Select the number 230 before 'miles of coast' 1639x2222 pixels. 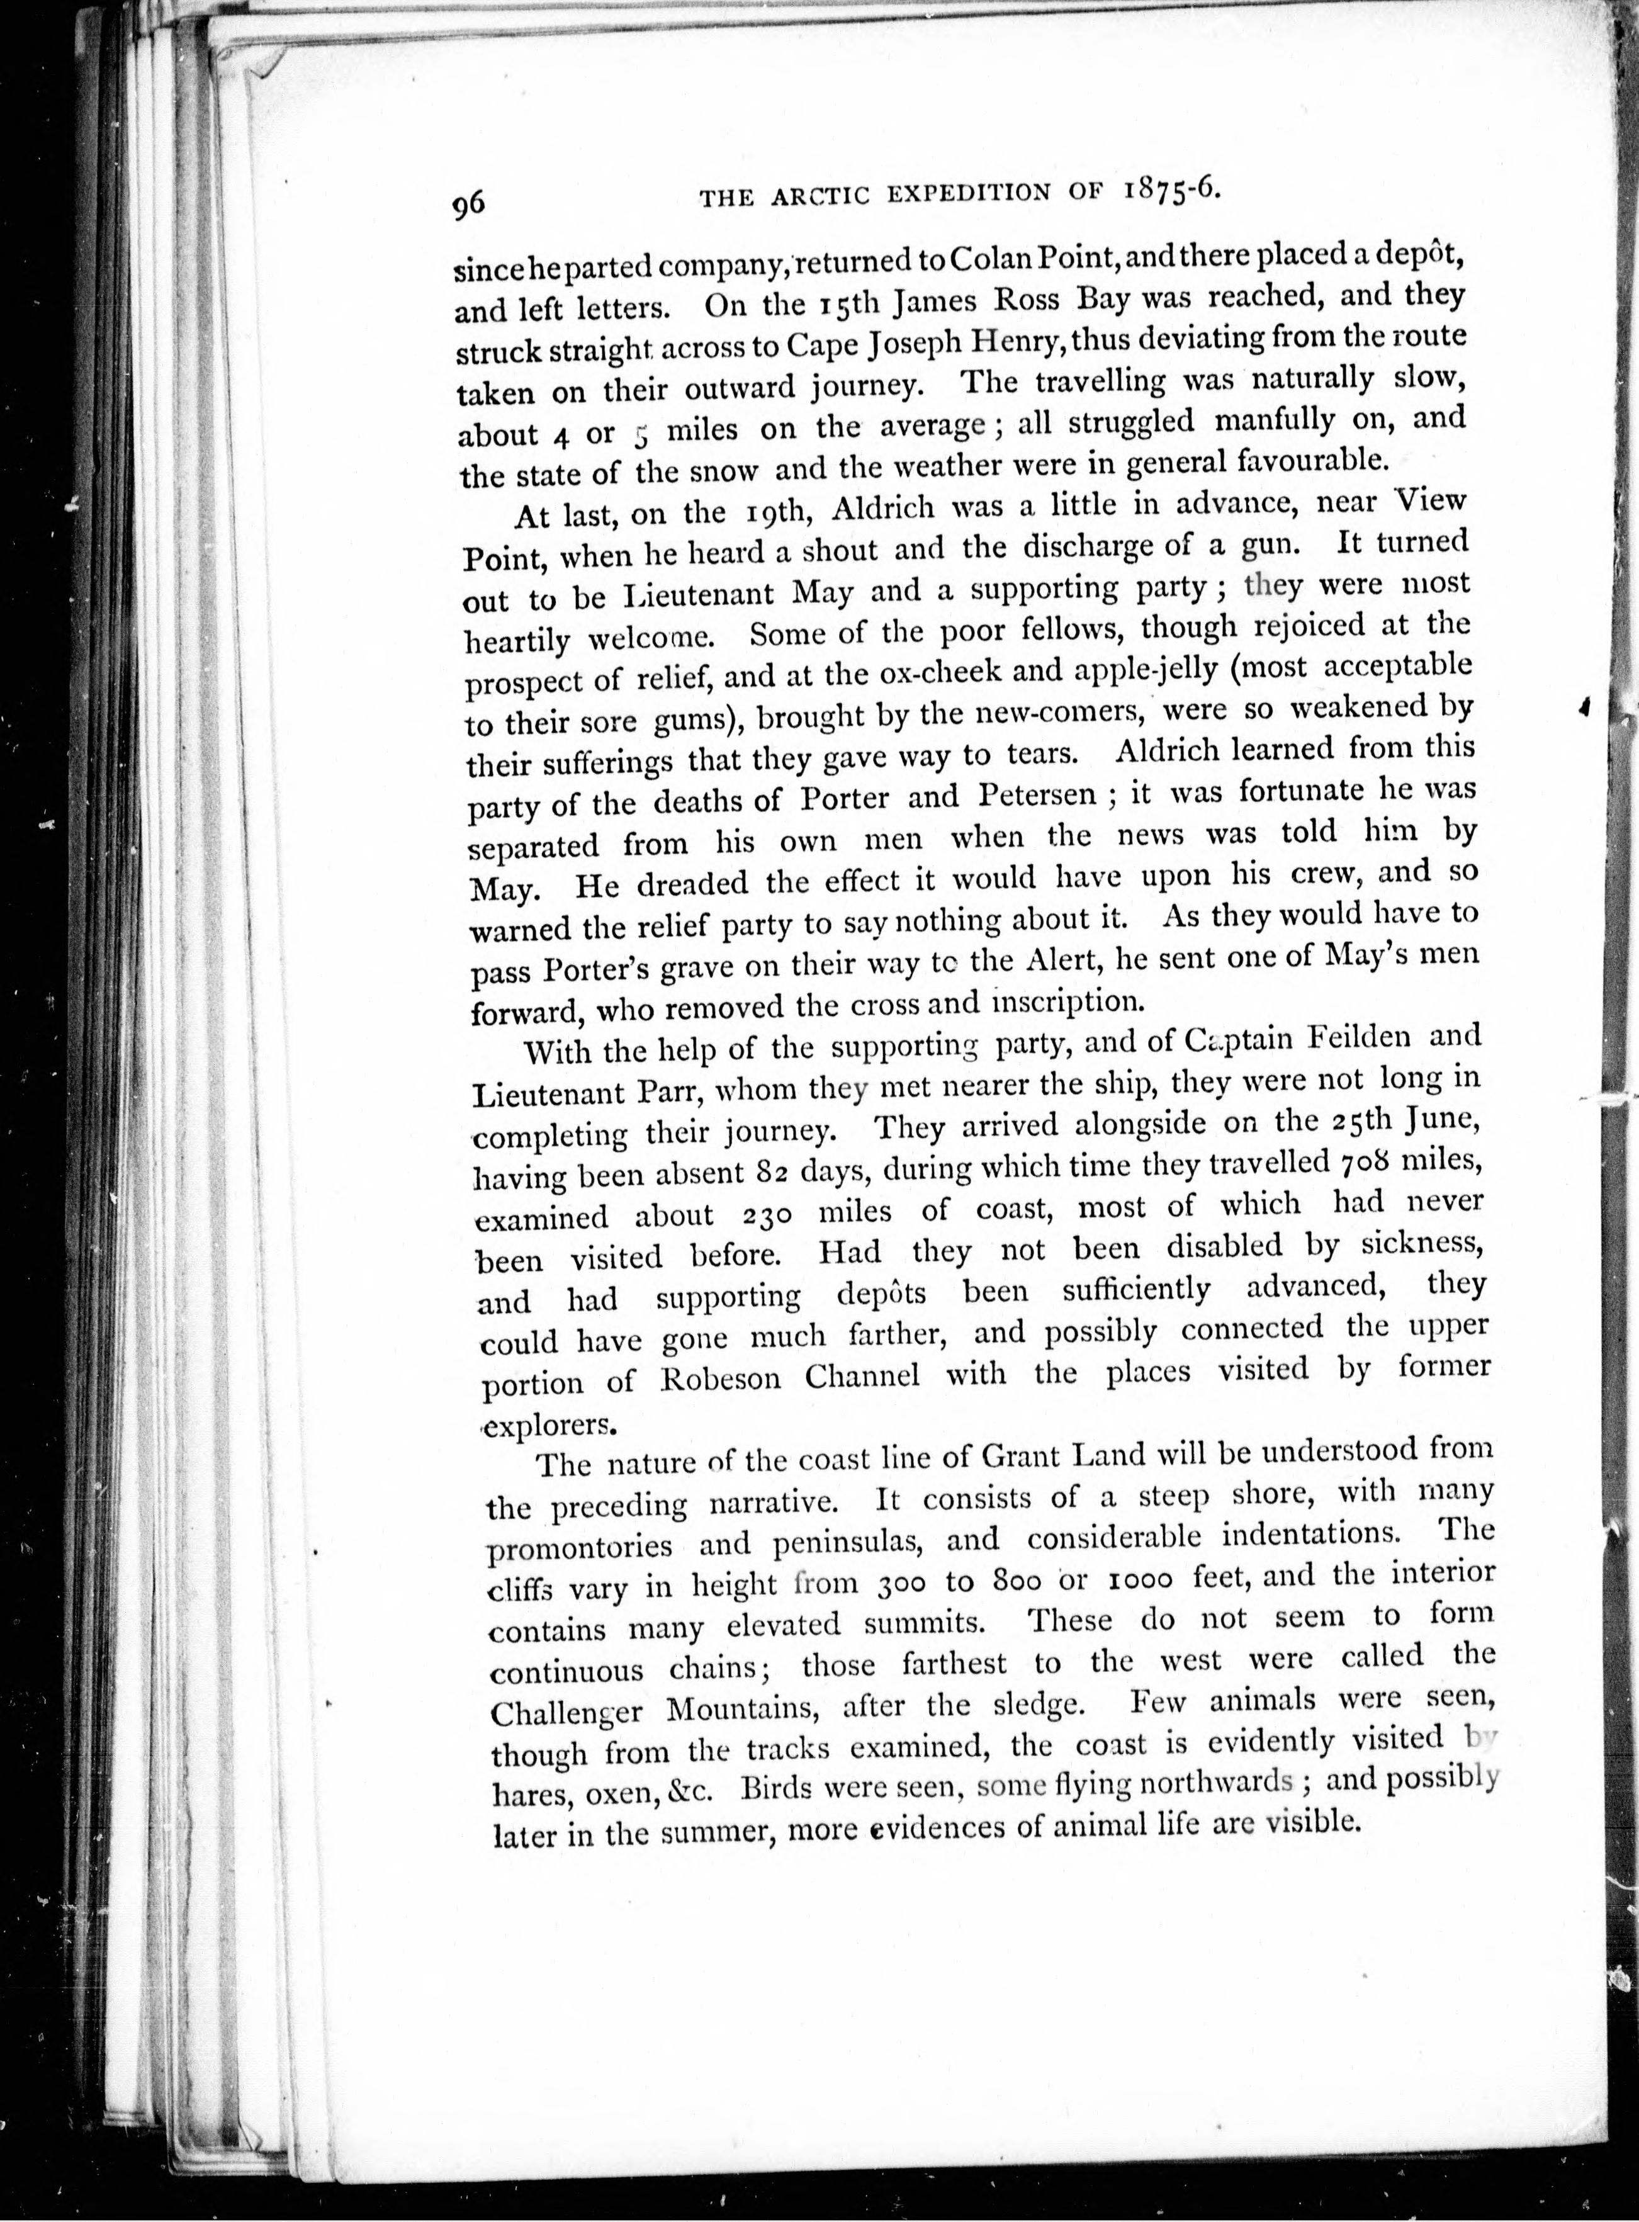pos(772,1214)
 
